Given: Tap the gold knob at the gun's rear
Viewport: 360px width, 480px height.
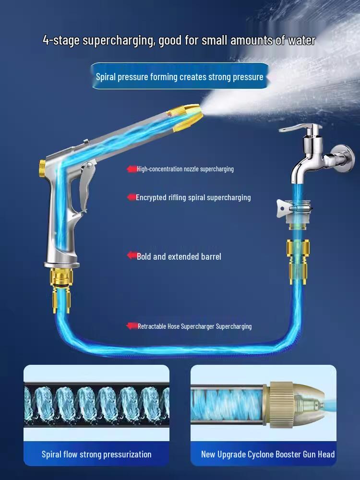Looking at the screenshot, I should (x=42, y=168).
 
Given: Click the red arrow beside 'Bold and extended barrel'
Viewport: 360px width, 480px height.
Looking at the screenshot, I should (x=132, y=256).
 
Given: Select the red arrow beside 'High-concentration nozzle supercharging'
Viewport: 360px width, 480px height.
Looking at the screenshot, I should (x=132, y=169).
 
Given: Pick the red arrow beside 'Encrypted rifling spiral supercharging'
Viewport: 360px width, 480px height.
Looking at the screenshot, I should (x=132, y=197).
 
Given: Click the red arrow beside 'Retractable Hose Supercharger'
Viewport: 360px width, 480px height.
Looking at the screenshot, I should (x=132, y=326).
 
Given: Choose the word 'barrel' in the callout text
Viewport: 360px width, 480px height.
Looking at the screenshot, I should (x=208, y=257).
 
